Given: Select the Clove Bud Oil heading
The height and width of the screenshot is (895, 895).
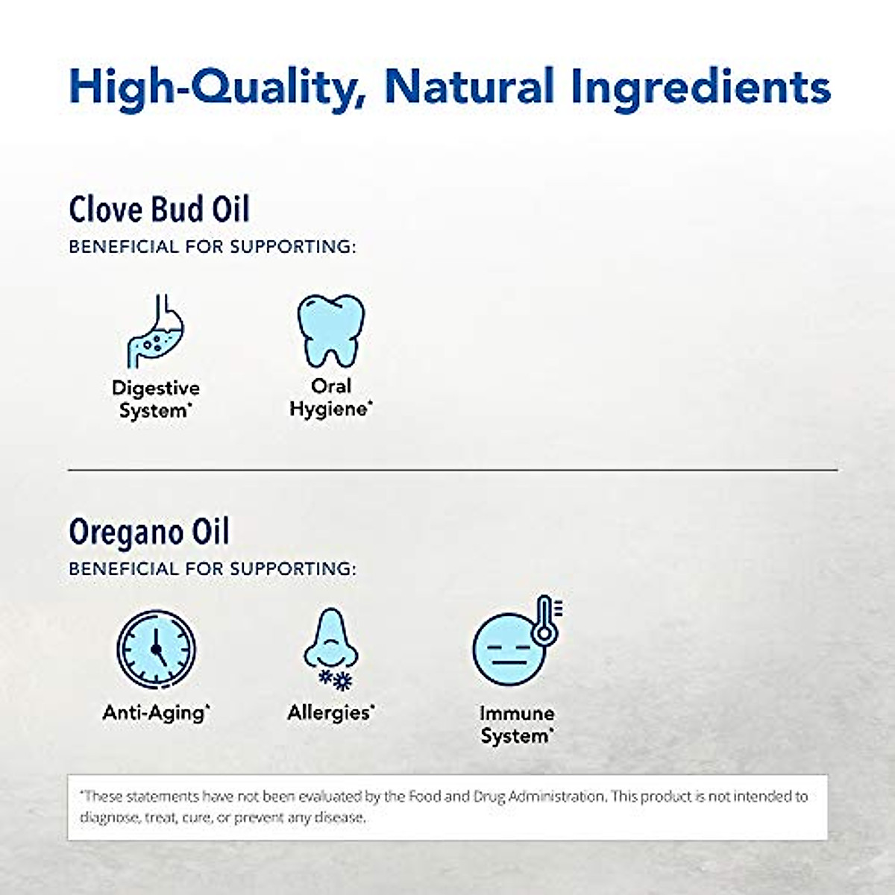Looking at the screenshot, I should (159, 209).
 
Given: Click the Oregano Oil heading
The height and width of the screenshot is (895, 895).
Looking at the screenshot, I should (149, 532).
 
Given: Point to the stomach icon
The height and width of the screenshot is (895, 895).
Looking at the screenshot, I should (155, 332).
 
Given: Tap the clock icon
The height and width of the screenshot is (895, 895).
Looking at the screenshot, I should (157, 647).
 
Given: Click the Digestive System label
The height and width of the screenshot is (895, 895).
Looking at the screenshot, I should (156, 399).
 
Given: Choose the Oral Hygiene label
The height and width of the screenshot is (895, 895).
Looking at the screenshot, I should (330, 398).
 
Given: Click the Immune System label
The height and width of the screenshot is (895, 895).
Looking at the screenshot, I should (517, 724).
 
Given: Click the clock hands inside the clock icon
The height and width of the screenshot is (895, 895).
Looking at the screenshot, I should (156, 645).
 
